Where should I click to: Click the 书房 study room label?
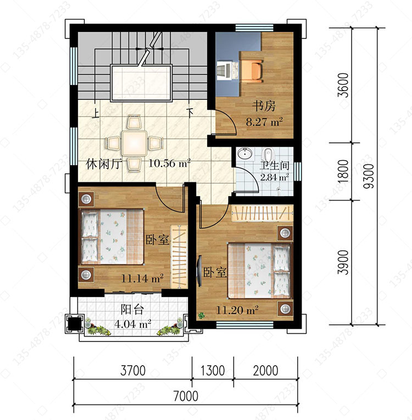coord(264,107)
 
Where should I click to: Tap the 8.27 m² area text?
coord(264,122)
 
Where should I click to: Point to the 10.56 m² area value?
coord(169,163)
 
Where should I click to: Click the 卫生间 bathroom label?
coord(275,166)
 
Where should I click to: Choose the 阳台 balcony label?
coord(132,310)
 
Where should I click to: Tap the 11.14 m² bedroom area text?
coord(143,278)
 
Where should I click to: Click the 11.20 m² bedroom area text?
coord(237,310)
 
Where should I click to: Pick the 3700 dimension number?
coord(133,371)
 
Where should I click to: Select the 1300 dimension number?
coord(213,371)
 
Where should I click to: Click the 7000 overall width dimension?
coord(186,396)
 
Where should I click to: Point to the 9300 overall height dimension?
coord(370,176)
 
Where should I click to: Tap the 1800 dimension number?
coord(343,171)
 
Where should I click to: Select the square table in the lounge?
coord(134,143)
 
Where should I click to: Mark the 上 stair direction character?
coord(95,113)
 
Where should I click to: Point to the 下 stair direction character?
coord(190,113)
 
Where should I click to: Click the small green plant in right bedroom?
coord(201,316)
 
